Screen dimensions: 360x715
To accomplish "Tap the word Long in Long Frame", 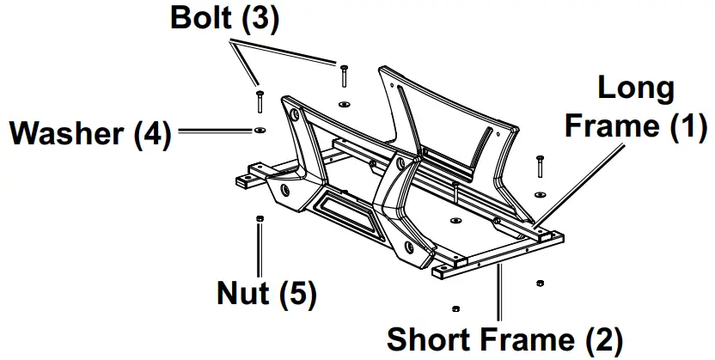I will coord(636,88).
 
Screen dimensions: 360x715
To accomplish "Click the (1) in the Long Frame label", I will coord(688,126).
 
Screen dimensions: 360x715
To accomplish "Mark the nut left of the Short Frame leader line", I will coord(455,307).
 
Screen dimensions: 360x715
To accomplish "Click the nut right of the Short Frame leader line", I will coord(539,282).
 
